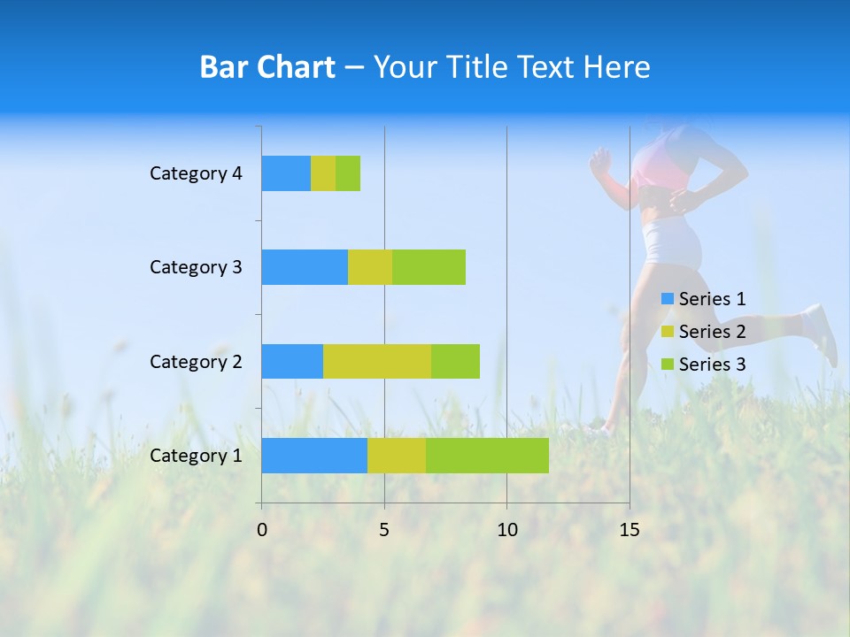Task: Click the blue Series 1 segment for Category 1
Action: click(314, 456)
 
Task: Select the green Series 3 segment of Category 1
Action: click(487, 456)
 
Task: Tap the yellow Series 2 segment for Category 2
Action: click(377, 361)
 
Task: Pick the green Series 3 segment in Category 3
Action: click(429, 267)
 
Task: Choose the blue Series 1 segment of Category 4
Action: click(286, 173)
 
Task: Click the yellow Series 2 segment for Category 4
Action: click(323, 173)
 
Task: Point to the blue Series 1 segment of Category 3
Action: click(305, 267)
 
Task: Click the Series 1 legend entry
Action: click(704, 299)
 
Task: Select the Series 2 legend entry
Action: click(704, 332)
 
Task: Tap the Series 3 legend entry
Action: click(704, 365)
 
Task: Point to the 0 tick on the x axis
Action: click(262, 530)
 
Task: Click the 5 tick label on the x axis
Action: click(384, 530)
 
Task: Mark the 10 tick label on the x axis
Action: click(506, 530)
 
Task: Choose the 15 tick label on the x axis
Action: click(629, 530)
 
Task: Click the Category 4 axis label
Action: click(196, 173)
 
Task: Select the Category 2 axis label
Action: click(196, 361)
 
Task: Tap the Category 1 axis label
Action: click(196, 456)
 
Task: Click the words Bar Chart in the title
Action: click(267, 67)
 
